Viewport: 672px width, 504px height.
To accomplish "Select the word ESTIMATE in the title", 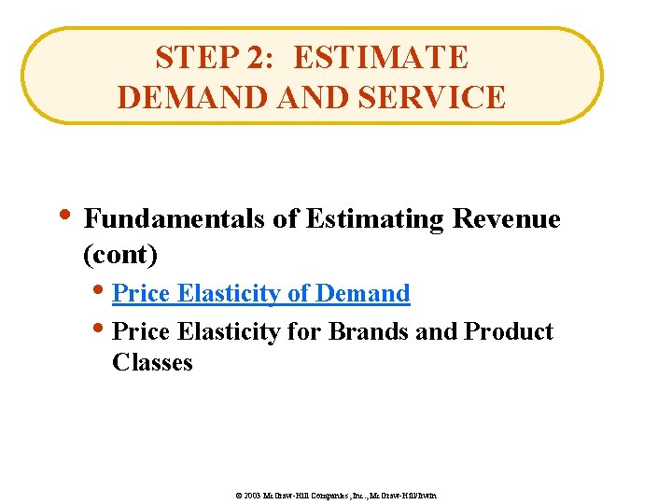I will (x=381, y=58).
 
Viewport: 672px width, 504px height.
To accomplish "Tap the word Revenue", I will (x=506, y=218).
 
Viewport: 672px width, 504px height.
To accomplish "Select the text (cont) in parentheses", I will (x=120, y=254).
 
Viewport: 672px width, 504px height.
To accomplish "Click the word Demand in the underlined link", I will (x=363, y=293).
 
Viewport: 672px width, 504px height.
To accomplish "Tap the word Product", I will (x=509, y=331).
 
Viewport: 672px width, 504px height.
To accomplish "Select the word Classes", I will (x=152, y=362).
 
